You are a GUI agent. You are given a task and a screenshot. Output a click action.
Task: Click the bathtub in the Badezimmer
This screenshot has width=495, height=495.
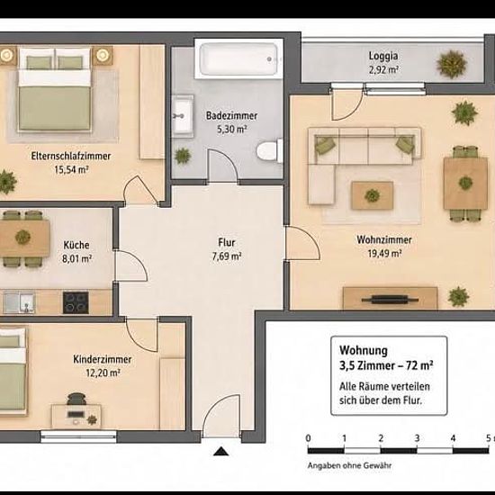coord(239,59)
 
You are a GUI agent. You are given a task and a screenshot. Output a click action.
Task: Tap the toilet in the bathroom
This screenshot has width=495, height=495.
coord(270,151)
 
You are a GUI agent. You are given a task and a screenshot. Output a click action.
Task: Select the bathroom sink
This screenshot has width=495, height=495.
coord(183,116)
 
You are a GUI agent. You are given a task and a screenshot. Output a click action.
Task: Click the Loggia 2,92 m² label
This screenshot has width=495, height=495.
coord(383,62)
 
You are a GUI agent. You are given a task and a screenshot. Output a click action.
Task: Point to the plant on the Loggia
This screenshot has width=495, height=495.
coord(451,65)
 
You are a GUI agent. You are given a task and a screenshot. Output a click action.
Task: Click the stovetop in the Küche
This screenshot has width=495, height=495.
coord(76,302)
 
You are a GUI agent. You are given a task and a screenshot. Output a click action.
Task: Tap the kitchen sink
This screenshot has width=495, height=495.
coord(19,302)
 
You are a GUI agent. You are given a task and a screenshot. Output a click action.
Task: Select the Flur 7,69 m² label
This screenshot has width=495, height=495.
coord(227,249)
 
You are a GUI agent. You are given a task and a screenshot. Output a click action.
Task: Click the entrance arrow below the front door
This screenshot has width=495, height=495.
coord(221,452)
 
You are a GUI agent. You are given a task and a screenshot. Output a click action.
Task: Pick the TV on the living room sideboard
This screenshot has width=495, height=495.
coord(391,299)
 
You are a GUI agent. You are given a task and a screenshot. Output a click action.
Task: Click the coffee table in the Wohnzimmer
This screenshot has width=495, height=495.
coord(373,195)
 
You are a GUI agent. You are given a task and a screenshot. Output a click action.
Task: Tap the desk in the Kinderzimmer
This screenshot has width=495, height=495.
coord(76,417)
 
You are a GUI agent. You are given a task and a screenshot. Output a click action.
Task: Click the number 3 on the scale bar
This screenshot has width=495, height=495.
coord(417,438)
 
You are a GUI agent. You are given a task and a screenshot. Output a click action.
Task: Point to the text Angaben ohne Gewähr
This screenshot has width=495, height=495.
coord(349,465)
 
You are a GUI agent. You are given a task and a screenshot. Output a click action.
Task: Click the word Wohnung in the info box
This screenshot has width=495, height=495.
coord(364,350)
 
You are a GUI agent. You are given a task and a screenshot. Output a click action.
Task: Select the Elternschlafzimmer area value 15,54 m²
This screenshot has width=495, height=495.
coord(71,169)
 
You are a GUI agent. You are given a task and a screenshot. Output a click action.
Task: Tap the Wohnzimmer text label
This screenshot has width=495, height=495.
coord(384,239)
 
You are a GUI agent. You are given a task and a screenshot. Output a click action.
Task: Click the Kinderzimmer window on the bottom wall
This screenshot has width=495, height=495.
coord(78,436)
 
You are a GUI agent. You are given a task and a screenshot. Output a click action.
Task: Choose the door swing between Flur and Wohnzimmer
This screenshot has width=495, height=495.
coord(302,243)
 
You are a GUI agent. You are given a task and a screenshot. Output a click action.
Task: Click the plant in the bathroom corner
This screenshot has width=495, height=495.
coord(183,156)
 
